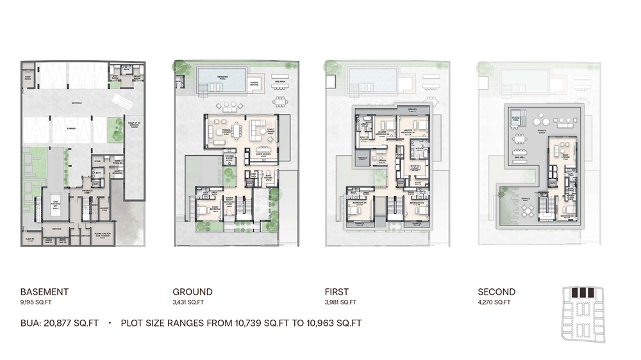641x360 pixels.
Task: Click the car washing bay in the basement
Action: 55,202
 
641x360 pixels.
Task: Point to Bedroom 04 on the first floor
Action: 358,203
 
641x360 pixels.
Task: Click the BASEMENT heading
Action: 44,292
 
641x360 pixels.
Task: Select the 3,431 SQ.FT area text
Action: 188,302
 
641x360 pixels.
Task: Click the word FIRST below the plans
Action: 338,292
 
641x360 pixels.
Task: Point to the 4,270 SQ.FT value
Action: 494,302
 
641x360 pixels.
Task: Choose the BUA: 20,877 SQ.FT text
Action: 60,323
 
